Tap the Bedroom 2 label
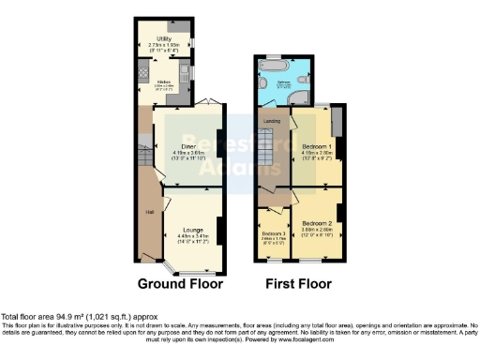[x=313, y=223]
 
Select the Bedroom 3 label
[x=273, y=232]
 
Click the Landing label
[x=272, y=120]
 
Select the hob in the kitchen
[x=142, y=72]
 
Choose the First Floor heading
[x=298, y=283]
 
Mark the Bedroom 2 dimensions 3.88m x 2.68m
[x=313, y=231]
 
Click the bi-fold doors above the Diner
[x=212, y=102]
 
